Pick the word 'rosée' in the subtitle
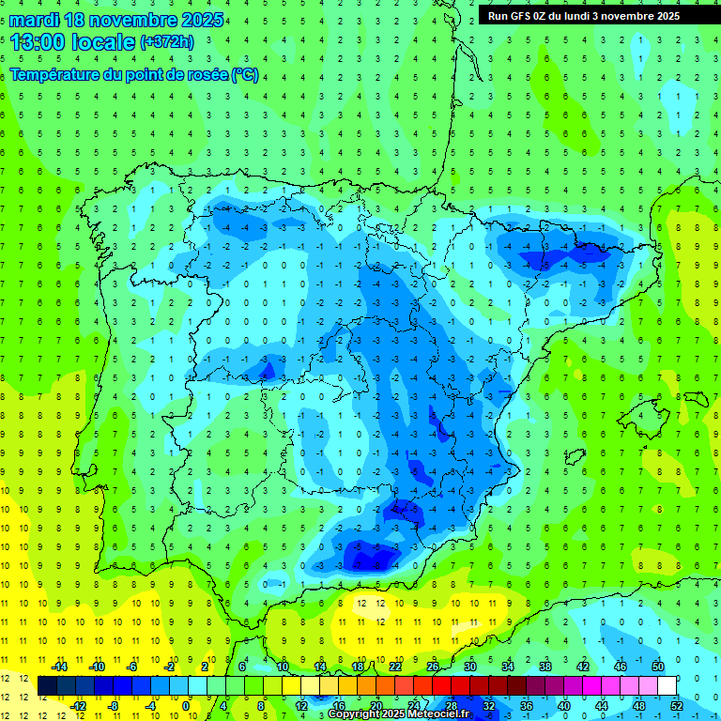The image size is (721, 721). [205, 74]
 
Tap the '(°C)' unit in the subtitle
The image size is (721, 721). [244, 74]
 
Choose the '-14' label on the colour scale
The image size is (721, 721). [58, 667]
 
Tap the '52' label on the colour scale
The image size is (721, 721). [677, 705]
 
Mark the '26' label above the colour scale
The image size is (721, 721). [433, 667]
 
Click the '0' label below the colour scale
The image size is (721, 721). [187, 705]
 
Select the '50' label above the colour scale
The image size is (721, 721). [658, 667]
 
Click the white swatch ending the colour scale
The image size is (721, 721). [667, 686]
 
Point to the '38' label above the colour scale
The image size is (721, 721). [545, 667]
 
